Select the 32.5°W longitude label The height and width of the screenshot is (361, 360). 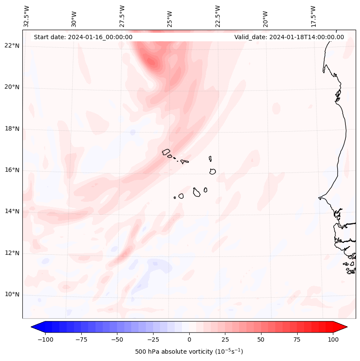[27, 16]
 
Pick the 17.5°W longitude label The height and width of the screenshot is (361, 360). [313, 16]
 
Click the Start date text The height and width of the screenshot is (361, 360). [83, 37]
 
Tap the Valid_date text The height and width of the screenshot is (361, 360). [289, 37]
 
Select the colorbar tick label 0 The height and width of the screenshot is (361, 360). [189, 340]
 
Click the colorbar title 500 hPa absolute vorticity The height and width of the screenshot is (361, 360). [189, 352]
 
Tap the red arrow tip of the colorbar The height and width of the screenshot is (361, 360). [344, 327]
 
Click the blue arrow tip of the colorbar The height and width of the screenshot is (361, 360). [34, 327]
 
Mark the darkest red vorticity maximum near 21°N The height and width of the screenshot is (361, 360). [151, 62]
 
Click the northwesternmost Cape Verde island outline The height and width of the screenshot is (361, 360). [166, 151]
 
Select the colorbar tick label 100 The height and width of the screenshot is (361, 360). [333, 340]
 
